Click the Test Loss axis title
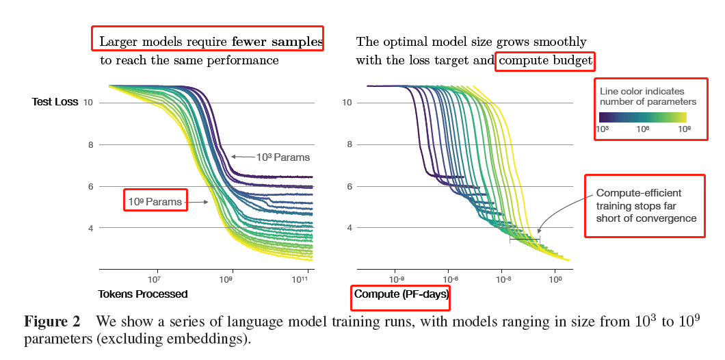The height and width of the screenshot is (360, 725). [55, 102]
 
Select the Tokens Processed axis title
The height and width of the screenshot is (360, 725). [144, 294]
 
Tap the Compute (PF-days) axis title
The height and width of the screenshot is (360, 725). [401, 294]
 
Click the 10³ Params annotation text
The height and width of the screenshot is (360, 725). [283, 157]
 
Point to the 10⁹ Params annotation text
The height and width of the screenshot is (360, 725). [155, 201]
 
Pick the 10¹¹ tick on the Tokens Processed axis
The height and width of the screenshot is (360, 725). [301, 279]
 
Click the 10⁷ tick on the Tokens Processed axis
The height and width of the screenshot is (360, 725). [154, 279]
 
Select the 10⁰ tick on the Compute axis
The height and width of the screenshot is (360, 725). [556, 279]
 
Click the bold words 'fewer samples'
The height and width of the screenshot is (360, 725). [277, 42]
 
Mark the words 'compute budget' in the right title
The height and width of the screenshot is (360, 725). [545, 60]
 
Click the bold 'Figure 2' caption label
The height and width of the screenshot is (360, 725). [52, 322]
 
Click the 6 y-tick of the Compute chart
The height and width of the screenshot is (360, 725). [347, 186]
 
